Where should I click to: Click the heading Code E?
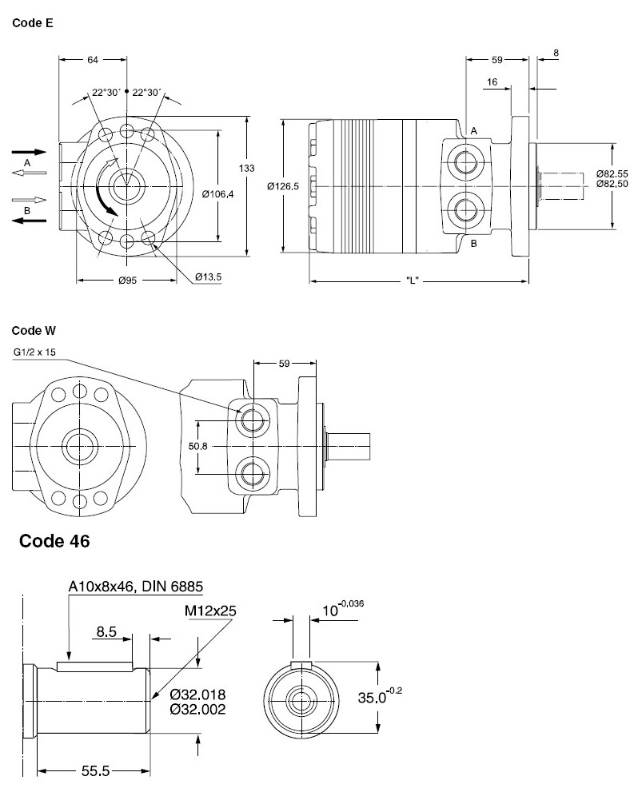(x=33, y=24)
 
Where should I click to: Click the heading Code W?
(x=34, y=329)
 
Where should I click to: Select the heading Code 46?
(x=54, y=541)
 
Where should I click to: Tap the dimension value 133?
(x=248, y=168)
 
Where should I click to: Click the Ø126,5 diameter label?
(x=282, y=186)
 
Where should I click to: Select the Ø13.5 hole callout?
(x=208, y=277)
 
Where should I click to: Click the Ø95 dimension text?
(x=126, y=281)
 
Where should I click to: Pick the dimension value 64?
(x=94, y=59)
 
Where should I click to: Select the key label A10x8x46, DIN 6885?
(x=135, y=587)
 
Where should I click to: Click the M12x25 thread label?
(x=209, y=611)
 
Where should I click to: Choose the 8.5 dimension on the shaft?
(x=107, y=632)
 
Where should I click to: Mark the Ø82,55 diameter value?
(x=612, y=174)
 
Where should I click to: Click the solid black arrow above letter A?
(x=28, y=150)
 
